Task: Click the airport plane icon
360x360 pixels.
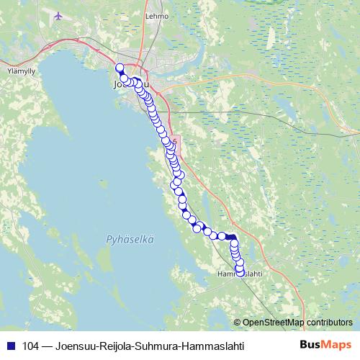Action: click(58, 15)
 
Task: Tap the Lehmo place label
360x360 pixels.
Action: click(156, 15)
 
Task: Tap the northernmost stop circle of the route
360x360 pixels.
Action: click(120, 68)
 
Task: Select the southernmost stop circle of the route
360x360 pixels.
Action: click(240, 270)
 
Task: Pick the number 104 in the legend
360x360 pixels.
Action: click(31, 346)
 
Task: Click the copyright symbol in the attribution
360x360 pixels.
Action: click(237, 323)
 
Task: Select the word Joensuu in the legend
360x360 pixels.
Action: click(72, 346)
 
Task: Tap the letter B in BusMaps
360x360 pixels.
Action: click(304, 345)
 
